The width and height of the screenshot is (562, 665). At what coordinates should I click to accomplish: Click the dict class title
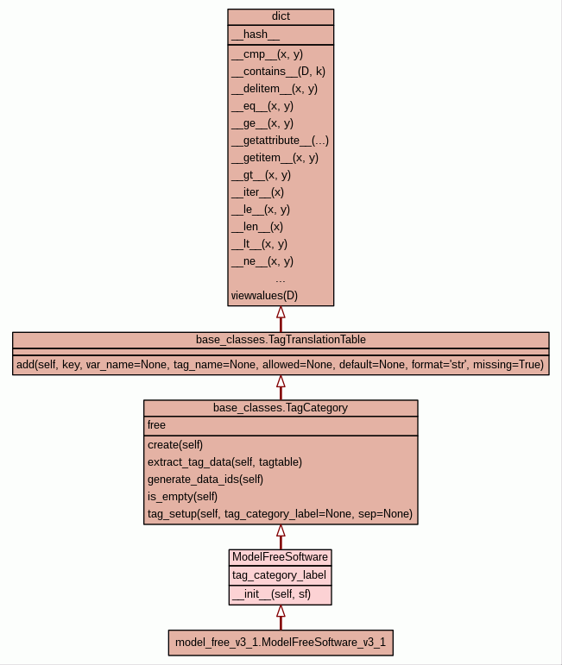[281, 17]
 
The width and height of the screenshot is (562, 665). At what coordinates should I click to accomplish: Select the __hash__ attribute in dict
[256, 35]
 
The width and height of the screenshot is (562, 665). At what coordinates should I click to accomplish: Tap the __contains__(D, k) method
[278, 71]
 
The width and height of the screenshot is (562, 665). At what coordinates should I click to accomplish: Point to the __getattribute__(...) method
[280, 140]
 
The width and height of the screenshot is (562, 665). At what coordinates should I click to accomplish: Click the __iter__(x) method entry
[257, 191]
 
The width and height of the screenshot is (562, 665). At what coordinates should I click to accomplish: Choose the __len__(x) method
[257, 226]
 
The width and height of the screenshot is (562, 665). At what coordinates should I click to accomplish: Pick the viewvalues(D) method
[264, 296]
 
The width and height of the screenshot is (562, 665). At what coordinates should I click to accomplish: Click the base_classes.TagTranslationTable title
[281, 339]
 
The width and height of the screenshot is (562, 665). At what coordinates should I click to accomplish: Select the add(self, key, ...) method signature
[281, 365]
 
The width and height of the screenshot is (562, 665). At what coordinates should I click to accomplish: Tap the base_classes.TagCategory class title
[281, 407]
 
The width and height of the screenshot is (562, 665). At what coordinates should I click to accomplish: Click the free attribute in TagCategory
[156, 425]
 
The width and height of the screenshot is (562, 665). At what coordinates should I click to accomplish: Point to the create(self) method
[175, 444]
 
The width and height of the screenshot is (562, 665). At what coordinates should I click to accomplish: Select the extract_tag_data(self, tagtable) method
[224, 461]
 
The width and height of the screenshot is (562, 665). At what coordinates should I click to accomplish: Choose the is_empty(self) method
[183, 496]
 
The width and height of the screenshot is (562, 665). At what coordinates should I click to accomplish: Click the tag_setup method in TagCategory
[280, 514]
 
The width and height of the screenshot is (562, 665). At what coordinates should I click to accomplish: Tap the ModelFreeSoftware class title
[281, 557]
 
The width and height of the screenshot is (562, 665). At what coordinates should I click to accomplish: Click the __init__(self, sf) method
[268, 594]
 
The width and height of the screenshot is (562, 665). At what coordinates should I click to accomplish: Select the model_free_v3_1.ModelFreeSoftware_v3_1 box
[281, 643]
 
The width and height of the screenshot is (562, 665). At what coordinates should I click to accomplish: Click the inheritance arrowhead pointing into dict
[281, 313]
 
